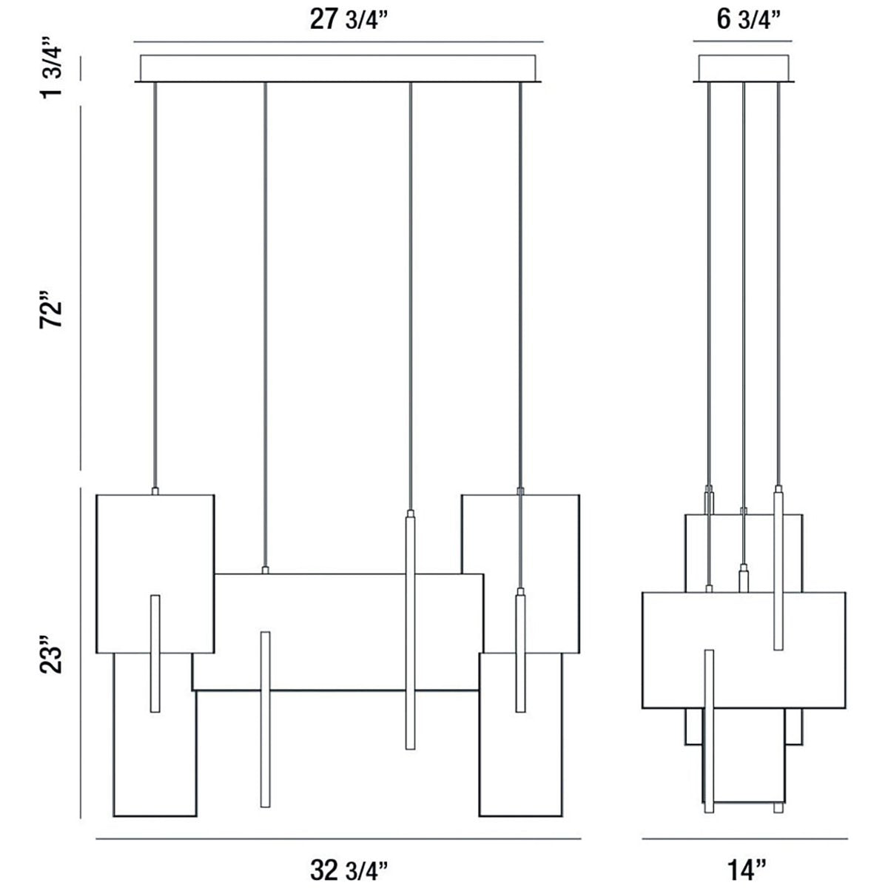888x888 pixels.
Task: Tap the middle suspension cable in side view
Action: pyautogui.click(x=743, y=296)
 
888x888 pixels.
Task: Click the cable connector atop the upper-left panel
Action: pyautogui.click(x=155, y=491)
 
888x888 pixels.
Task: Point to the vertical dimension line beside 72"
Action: pyautogui.click(x=81, y=289)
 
